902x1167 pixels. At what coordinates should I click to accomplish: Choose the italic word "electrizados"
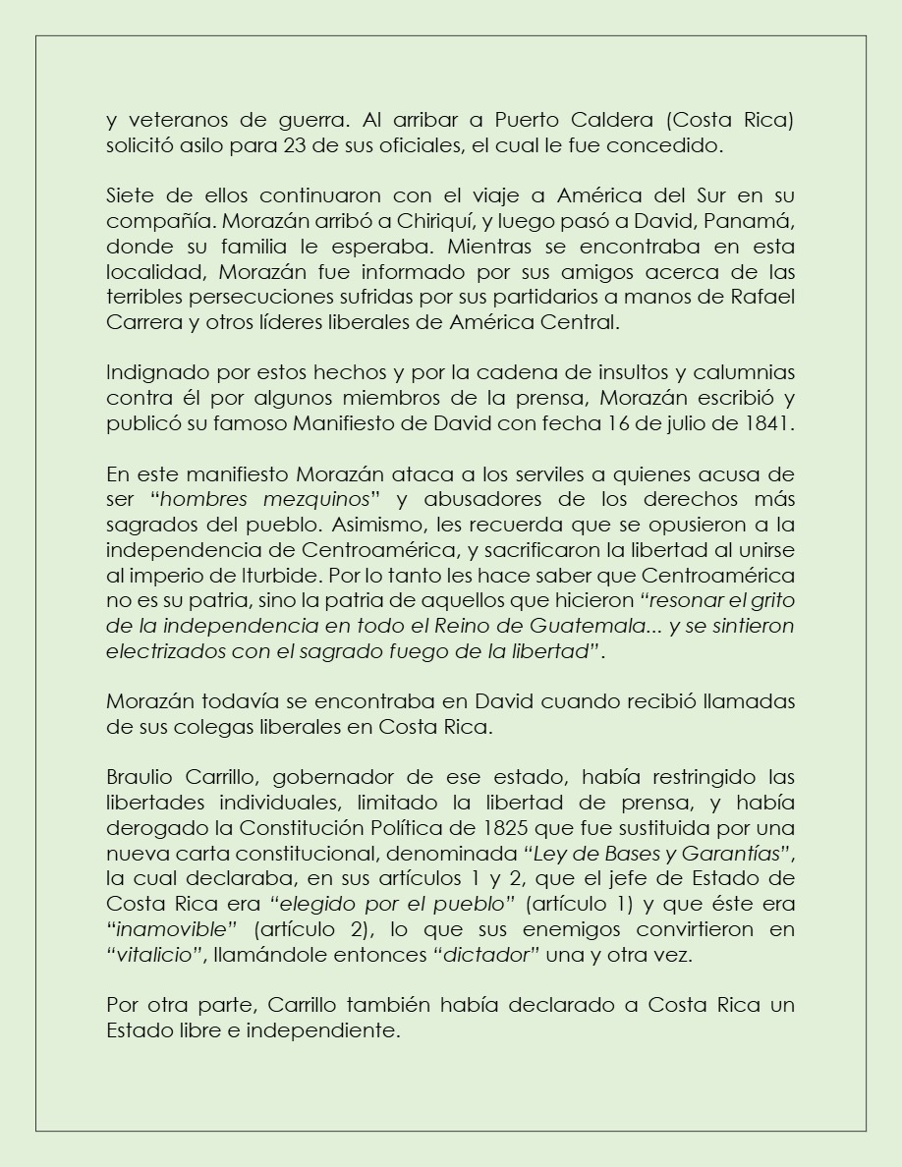coord(165,650)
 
